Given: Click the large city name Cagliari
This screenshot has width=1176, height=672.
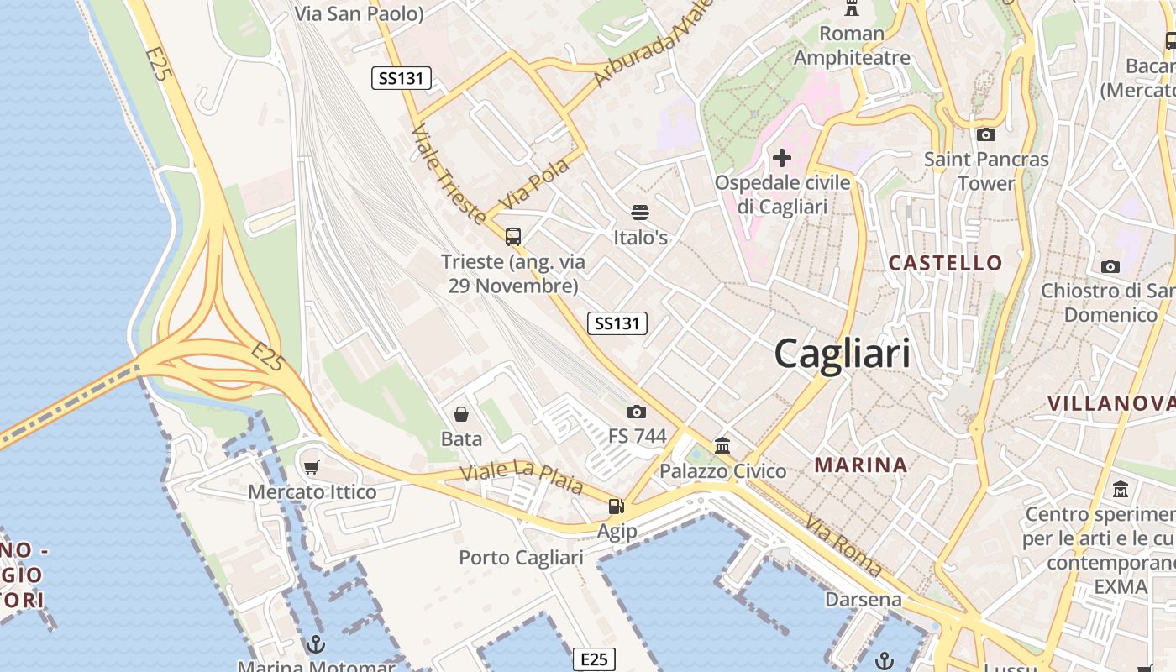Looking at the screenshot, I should click(x=842, y=353).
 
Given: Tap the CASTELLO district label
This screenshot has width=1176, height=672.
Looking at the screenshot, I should click(x=946, y=263).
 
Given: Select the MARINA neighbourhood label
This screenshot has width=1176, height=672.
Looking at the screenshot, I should click(x=861, y=465).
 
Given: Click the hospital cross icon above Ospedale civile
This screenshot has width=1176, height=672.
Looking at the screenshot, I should click(x=782, y=157).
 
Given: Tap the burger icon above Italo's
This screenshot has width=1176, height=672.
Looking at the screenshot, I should click(x=640, y=213).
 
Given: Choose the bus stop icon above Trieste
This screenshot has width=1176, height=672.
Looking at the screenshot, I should click(x=513, y=236).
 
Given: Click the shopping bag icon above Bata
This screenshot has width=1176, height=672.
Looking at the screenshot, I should click(x=461, y=413).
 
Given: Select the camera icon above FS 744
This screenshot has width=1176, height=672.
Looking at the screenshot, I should click(x=637, y=412).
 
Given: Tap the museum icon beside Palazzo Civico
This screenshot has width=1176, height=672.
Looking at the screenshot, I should click(x=722, y=446).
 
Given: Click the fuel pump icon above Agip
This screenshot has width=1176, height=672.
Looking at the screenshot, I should click(x=617, y=506).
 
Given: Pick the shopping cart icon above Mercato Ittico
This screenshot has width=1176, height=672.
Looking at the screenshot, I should click(x=312, y=467).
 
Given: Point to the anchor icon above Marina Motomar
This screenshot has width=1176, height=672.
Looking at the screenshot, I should click(x=316, y=644).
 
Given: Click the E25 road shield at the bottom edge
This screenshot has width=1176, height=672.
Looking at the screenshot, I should click(x=594, y=659).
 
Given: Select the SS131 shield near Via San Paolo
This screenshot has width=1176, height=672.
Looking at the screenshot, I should click(x=402, y=79).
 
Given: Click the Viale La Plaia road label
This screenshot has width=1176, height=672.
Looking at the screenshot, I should click(x=522, y=478).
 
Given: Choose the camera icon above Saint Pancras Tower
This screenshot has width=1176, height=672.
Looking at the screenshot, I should click(x=986, y=134).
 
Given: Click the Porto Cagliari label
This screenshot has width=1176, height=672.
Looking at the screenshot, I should click(x=521, y=558).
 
